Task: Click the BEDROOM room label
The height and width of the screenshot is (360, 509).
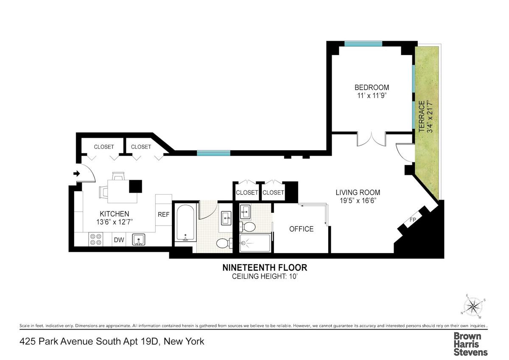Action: click(372, 87)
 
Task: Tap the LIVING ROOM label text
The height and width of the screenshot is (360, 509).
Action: click(358, 193)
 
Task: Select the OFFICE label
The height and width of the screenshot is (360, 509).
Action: click(301, 229)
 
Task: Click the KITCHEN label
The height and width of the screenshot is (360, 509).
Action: click(114, 214)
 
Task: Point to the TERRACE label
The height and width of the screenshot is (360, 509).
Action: click(422, 117)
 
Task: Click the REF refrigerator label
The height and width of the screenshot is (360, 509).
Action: click(164, 215)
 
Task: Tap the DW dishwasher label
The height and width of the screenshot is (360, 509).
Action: click(119, 240)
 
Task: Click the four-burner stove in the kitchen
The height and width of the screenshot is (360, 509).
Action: click(96, 239)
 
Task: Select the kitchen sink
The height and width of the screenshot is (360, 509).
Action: click(139, 240)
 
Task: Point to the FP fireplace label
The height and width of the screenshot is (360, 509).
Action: click(413, 220)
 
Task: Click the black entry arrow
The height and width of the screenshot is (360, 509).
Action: click(77, 173)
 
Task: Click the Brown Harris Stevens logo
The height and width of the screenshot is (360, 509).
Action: click(470, 344)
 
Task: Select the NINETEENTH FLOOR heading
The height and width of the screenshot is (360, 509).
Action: click(265, 268)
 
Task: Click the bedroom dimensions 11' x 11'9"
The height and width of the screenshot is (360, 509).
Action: click(372, 96)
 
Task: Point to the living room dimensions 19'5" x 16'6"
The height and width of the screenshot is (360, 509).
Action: click(358, 201)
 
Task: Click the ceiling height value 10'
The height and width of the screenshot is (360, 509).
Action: click(294, 276)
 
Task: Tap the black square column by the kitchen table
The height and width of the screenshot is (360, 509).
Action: click(136, 187)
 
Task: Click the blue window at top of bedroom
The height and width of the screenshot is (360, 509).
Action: click(363, 44)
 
